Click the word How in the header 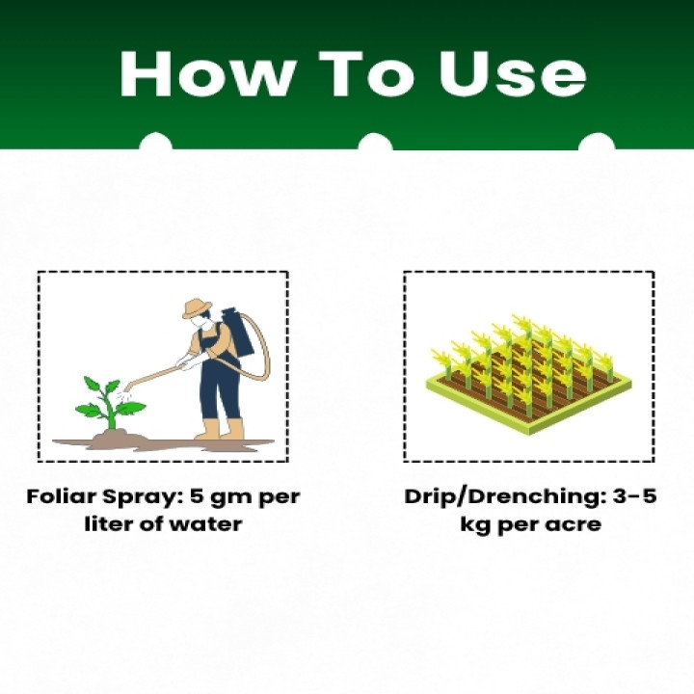coord(199,73)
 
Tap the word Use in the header coord(512,73)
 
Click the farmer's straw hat coord(197,307)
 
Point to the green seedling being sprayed coord(108,405)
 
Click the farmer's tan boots coord(220,430)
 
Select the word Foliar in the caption coord(61,498)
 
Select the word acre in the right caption coord(576,524)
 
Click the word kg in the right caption coord(477,524)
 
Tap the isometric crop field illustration coord(528,371)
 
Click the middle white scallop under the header coord(375,145)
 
